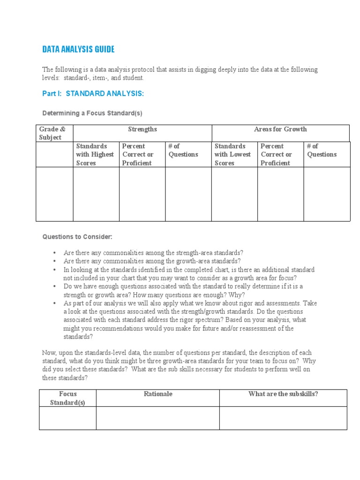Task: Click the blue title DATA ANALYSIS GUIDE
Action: pyautogui.click(x=78, y=49)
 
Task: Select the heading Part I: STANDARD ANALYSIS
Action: pyautogui.click(x=93, y=94)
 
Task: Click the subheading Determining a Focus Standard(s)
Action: pyautogui.click(x=92, y=113)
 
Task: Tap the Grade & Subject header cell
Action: pyautogui.click(x=52, y=133)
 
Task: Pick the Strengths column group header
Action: pyautogui.click(x=142, y=129)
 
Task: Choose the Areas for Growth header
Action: pyautogui.click(x=280, y=129)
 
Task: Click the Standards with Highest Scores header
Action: pyautogui.click(x=95, y=154)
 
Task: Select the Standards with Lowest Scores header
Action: pyautogui.click(x=233, y=154)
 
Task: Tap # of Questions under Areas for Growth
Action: pyautogui.click(x=322, y=150)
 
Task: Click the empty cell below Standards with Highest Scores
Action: pyautogui.click(x=96, y=194)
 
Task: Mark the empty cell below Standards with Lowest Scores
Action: pyautogui.click(x=234, y=194)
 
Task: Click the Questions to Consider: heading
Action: pyautogui.click(x=77, y=237)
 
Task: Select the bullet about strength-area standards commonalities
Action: pyautogui.click(x=153, y=253)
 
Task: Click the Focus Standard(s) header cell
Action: pyautogui.click(x=68, y=398)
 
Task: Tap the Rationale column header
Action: pyautogui.click(x=158, y=394)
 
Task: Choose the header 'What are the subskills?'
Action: pyautogui.click(x=283, y=394)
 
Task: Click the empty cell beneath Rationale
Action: pyautogui.click(x=158, y=418)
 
